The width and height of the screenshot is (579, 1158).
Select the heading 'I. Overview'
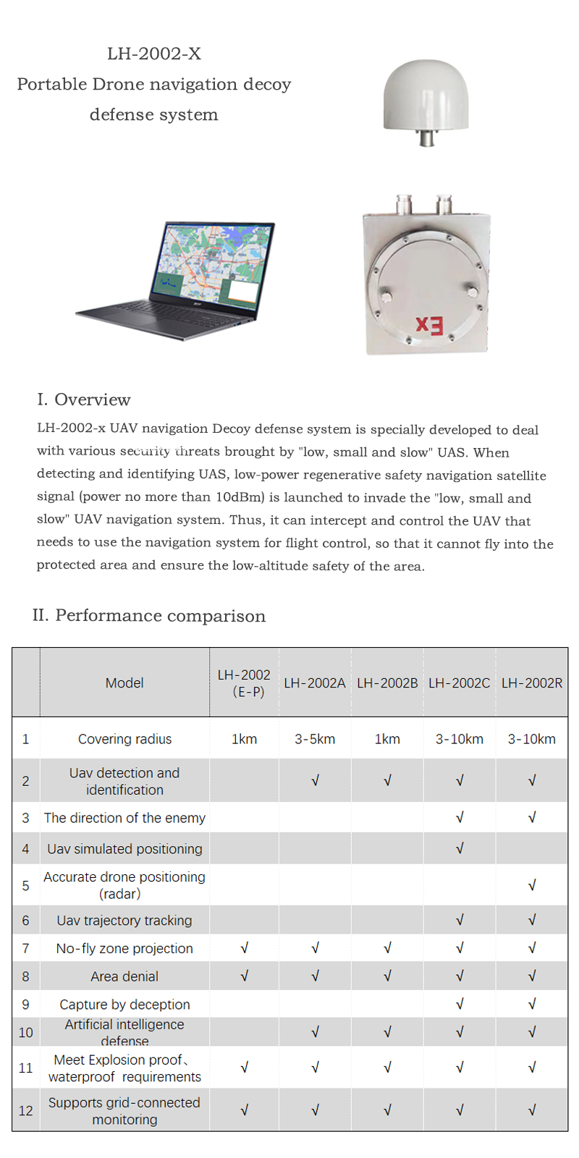[84, 400]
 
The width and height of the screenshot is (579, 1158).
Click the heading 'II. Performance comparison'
[149, 616]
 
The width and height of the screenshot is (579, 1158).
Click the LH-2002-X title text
[154, 54]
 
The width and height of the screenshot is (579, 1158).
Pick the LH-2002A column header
[315, 683]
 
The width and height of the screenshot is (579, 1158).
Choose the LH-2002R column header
[532, 683]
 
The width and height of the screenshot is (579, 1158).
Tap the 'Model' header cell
[124, 683]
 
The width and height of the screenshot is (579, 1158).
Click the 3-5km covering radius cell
[315, 739]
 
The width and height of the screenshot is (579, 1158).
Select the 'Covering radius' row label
[124, 739]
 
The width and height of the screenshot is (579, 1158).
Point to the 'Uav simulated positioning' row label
[124, 849]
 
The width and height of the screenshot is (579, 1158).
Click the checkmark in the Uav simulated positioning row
[460, 848]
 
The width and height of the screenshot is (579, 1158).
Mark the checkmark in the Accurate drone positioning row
[532, 885]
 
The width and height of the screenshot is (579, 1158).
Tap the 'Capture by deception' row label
[124, 1005]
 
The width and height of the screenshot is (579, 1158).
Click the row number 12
[26, 1111]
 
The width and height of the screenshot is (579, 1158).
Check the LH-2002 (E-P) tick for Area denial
[245, 976]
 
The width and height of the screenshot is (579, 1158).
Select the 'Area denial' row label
[124, 976]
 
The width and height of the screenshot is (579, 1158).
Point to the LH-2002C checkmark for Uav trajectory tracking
[460, 920]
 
